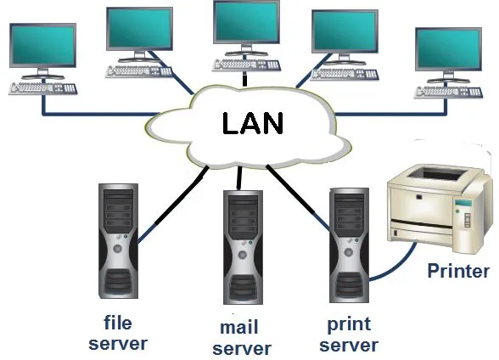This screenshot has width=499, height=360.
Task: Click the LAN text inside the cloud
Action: [x=252, y=124]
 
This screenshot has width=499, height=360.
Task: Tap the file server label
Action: [x=117, y=333]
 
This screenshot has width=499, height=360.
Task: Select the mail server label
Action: [x=241, y=338]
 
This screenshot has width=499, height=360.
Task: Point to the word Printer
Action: [x=458, y=272]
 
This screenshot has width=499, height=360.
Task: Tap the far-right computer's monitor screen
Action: [x=448, y=49]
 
